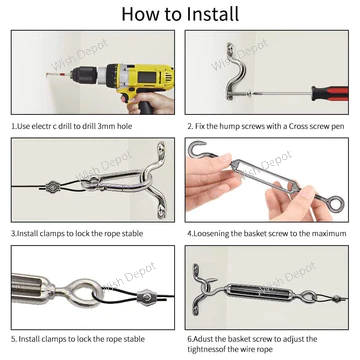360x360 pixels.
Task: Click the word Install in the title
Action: [x=213, y=14]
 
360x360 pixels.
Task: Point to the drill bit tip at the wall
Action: [x=46, y=75]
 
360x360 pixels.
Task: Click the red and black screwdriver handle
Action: [x=330, y=93]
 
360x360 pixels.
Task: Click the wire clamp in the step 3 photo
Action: [x=53, y=187]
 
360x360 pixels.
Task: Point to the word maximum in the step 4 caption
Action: [x=330, y=233]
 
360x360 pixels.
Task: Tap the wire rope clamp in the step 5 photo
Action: [x=146, y=296]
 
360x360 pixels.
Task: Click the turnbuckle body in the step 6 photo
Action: [x=257, y=291]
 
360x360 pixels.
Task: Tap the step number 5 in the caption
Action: [x=13, y=339]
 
